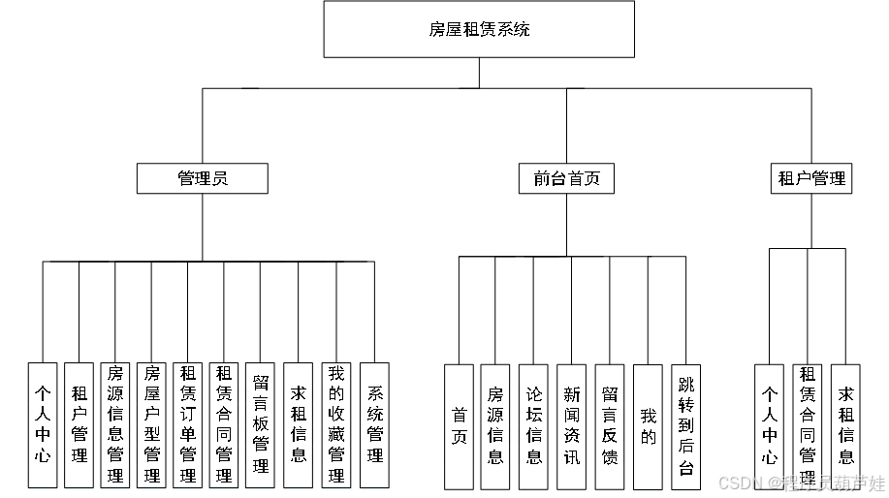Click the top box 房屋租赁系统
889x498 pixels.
click(479, 29)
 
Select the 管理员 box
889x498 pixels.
click(202, 178)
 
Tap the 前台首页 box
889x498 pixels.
click(566, 178)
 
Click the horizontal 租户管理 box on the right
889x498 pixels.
click(811, 178)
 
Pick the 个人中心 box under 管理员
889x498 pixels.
click(43, 426)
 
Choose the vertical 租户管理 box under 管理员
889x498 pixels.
click(79, 426)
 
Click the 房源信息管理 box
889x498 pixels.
click(115, 426)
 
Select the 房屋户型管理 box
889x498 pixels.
click(151, 426)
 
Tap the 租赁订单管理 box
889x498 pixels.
click(188, 426)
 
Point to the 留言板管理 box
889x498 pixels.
click(260, 426)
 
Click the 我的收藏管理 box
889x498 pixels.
click(336, 426)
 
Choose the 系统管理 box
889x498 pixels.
click(374, 426)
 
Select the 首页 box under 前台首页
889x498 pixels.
click(460, 426)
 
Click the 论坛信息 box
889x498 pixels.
click(534, 426)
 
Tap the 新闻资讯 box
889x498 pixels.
click(572, 426)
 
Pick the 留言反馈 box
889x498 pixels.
click(609, 426)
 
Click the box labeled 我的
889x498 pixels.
click(648, 426)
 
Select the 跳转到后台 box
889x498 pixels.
click(685, 426)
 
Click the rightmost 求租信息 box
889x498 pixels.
click(846, 426)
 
